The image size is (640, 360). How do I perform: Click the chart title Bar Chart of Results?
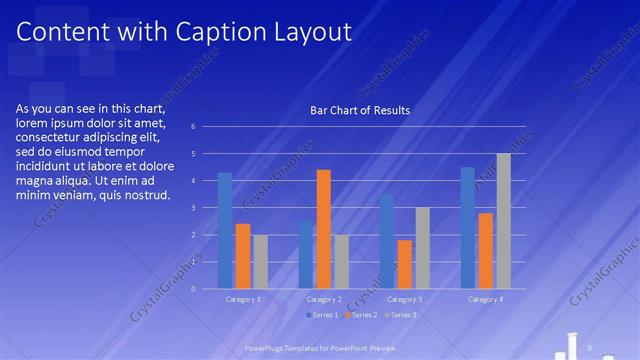click(x=360, y=110)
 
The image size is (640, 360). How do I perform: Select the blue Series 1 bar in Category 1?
click(x=225, y=230)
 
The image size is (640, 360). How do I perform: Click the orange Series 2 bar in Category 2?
click(x=324, y=229)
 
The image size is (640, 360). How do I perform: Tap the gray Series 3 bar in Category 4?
click(x=503, y=221)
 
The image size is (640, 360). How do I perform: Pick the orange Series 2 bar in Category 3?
click(x=405, y=264)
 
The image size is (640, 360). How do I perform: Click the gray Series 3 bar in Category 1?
click(x=260, y=261)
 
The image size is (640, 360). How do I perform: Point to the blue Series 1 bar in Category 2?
click(x=306, y=254)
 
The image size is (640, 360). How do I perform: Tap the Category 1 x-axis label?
click(x=242, y=299)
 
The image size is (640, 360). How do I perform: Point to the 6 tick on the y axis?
click(x=206, y=127)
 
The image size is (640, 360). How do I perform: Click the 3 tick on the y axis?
click(x=206, y=207)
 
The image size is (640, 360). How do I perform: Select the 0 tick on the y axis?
click(x=206, y=288)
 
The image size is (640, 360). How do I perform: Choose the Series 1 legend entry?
click(x=321, y=315)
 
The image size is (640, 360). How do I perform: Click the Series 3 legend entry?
click(x=401, y=315)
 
